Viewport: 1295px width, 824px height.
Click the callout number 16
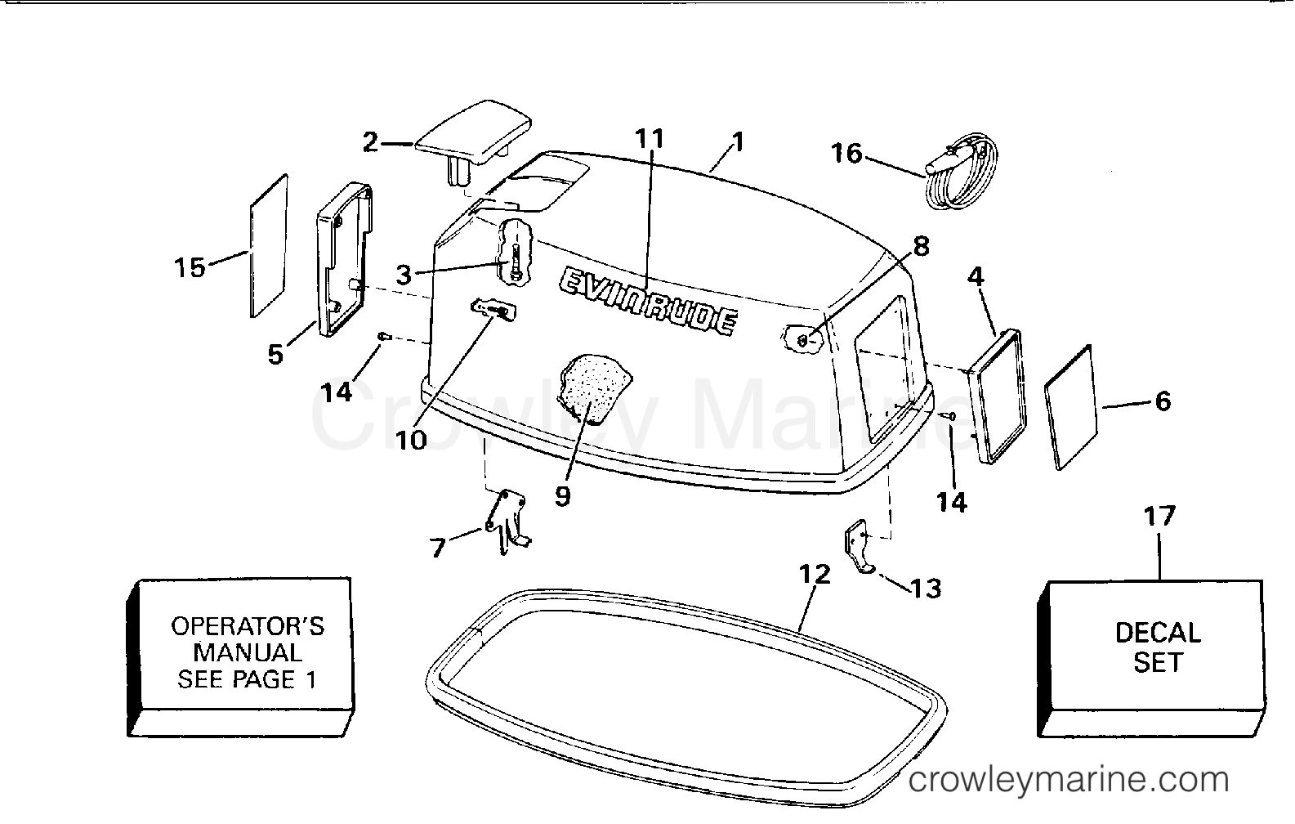(846, 153)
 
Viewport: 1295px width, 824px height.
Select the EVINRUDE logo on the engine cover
(648, 301)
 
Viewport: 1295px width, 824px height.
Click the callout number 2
(370, 142)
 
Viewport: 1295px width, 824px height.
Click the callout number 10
(411, 441)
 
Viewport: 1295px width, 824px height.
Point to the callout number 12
(815, 574)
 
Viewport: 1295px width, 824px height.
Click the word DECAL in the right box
(1158, 633)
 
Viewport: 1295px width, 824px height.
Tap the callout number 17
(1159, 516)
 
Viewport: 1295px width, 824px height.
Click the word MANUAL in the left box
(248, 653)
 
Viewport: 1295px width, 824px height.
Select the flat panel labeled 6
(1070, 408)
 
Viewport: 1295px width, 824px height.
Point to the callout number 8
(921, 247)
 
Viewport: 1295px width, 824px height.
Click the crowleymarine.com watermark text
(1069, 780)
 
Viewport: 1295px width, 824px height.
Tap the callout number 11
(650, 139)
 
